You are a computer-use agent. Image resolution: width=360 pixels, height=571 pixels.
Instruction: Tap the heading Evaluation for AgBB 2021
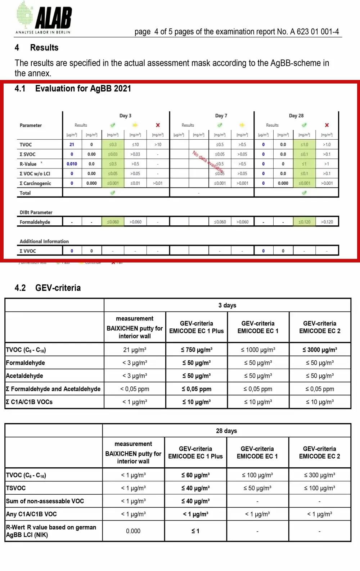pos(83,89)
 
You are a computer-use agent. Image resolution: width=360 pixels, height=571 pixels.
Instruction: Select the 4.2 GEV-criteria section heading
pos(58,288)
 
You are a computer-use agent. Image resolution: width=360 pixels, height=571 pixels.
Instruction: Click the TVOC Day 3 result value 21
pos(72,144)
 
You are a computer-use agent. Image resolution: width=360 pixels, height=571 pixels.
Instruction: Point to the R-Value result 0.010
pos(72,164)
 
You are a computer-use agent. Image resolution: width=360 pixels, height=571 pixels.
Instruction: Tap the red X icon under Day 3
pos(158,125)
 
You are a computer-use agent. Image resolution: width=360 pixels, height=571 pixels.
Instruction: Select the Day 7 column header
pos(221,116)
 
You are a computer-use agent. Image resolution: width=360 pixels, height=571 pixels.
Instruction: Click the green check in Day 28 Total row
pos(304,193)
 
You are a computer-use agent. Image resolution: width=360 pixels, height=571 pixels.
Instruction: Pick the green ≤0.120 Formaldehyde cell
pos(304,222)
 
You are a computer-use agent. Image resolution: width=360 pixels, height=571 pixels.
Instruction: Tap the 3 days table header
pos(227,305)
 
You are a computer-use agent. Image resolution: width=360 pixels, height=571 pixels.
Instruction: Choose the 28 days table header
pos(226,431)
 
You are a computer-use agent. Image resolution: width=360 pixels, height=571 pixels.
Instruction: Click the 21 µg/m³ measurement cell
pos(135,350)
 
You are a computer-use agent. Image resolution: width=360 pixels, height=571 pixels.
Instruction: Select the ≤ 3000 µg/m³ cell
pos(320,350)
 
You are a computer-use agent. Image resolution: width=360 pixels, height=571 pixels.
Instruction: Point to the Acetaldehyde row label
pos(24,376)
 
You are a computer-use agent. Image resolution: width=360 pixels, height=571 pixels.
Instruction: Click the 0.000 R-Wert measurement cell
pos(133,531)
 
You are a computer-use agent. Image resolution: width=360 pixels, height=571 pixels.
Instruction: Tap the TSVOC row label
pos(16,488)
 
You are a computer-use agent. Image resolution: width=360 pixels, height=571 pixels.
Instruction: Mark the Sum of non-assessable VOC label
pos(45,501)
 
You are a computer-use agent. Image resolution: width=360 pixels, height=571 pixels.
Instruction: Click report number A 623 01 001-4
pos(314,32)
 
